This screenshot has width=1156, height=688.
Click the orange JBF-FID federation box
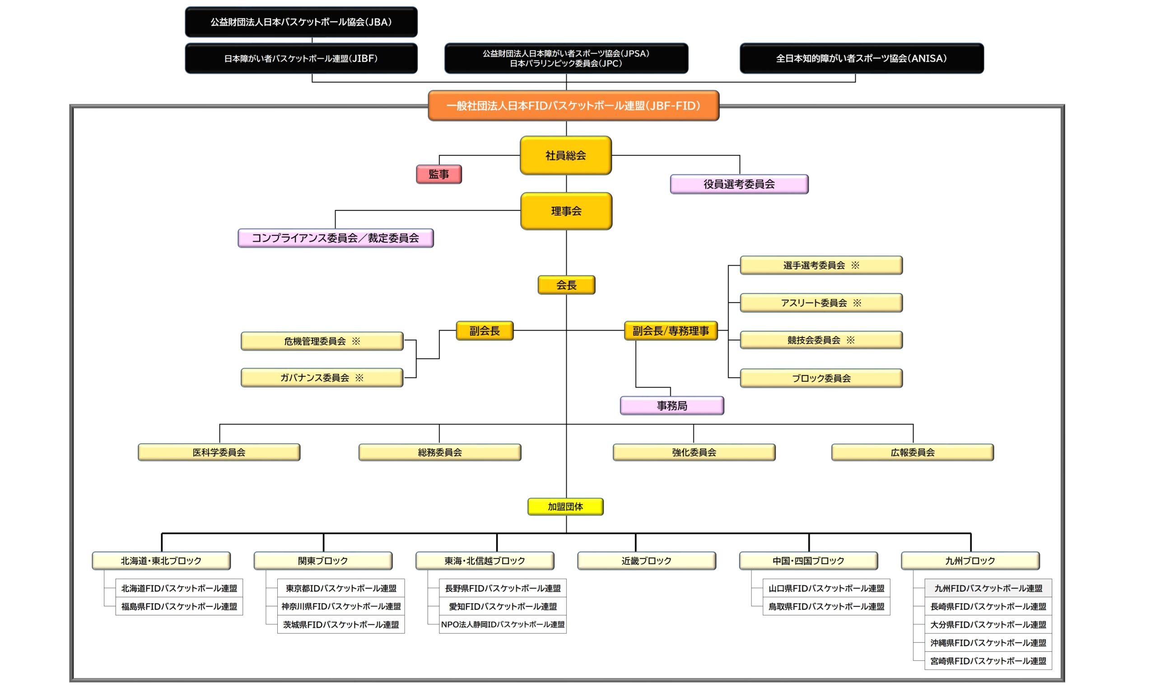coord(573,106)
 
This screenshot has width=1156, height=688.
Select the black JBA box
coord(301,22)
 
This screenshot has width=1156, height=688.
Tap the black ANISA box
coord(861,58)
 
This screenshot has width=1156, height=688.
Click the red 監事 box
coord(439,174)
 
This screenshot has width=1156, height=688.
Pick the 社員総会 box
coord(566,155)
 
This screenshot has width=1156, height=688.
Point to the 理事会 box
coord(566,211)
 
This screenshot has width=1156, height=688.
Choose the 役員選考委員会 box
coord(739,184)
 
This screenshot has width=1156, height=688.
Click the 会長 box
coord(566,285)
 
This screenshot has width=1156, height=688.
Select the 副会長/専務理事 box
coord(671,331)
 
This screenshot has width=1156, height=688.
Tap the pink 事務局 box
coord(672,406)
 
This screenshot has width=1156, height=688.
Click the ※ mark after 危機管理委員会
coord(355,341)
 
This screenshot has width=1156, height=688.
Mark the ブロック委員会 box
coord(821,378)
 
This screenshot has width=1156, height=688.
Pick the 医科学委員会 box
coord(219,453)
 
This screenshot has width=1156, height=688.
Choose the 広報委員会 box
coord(912,453)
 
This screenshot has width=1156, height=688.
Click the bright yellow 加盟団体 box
coord(565,507)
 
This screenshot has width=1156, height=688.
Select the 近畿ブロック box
coord(646,561)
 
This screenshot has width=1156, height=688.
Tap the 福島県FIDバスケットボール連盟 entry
coord(179,606)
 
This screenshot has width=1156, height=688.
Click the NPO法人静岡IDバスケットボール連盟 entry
coord(503,624)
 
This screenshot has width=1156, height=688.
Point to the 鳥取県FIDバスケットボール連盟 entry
coord(826,606)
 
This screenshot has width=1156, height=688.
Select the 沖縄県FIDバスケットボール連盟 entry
coord(988,642)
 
